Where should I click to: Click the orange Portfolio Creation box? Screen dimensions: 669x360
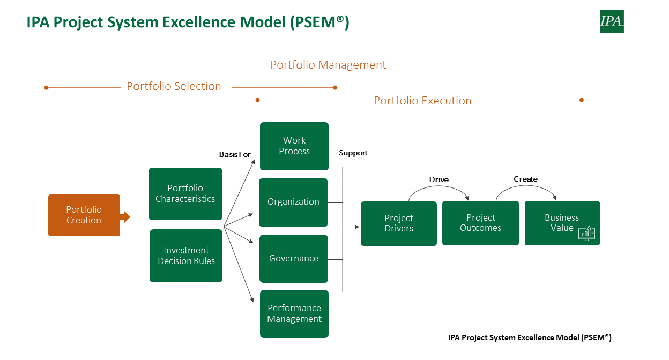tap(84, 215)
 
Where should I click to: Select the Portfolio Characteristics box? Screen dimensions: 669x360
tap(185, 194)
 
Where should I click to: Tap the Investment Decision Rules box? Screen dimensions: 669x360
tap(186, 256)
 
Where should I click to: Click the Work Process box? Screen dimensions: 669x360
tap(294, 146)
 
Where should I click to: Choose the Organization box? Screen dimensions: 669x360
tap(293, 202)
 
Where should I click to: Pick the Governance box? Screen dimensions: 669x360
tap(294, 259)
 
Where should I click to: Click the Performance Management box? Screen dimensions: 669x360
tap(294, 314)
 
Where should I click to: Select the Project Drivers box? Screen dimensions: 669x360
tap(399, 223)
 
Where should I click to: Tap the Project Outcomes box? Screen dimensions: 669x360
tap(480, 223)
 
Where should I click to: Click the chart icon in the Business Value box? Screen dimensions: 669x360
tap(586, 234)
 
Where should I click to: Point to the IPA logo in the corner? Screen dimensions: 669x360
tap(612, 21)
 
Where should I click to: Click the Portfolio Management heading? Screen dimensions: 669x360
tap(328, 65)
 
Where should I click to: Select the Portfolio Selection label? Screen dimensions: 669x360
tap(174, 86)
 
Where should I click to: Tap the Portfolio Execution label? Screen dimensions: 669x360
tap(422, 101)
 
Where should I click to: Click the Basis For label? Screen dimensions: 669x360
tap(235, 154)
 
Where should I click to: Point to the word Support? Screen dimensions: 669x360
tap(353, 153)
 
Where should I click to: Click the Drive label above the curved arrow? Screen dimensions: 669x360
tap(438, 179)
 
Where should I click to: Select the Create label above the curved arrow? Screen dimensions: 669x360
tap(526, 179)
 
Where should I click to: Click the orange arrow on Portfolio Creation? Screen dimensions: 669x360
tap(125, 217)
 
